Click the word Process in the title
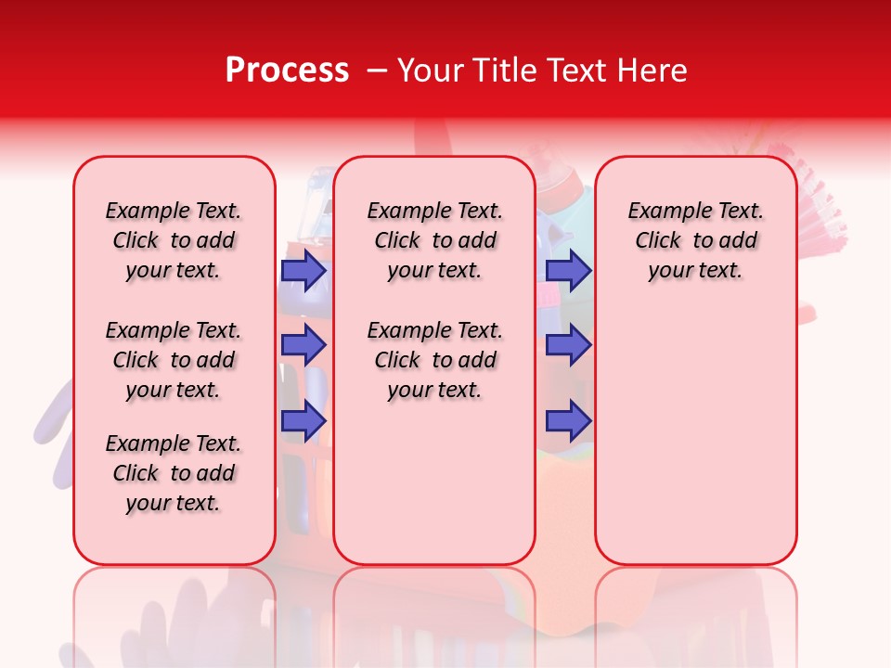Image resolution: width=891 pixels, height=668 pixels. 287,71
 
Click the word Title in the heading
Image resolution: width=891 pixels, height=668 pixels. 507,71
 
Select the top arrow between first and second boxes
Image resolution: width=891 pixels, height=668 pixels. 303,270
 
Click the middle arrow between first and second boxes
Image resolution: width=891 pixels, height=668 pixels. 303,345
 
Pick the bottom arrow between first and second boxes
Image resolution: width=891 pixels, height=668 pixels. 303,420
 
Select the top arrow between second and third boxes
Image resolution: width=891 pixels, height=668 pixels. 568,270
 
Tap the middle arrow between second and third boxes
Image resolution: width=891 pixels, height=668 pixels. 568,345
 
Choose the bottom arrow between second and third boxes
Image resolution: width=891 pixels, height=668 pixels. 568,420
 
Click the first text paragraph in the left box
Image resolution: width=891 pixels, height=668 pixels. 174,240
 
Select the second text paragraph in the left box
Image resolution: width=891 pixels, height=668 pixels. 174,360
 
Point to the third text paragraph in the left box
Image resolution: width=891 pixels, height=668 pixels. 174,473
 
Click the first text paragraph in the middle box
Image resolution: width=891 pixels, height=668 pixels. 434,240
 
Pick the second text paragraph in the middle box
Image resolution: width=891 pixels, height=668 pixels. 434,360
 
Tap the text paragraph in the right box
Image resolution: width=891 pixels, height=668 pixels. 695,240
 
